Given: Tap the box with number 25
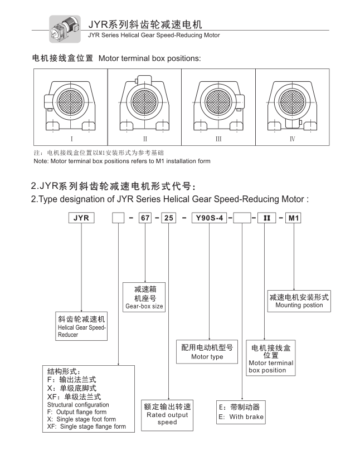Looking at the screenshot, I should [x=168, y=219].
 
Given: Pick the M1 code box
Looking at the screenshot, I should [x=293, y=219].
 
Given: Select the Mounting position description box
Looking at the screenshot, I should [x=299, y=300].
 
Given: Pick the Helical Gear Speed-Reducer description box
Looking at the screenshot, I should [x=81, y=327].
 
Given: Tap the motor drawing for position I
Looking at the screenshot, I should [x=71, y=102].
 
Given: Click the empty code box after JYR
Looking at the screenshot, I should [x=118, y=219].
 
